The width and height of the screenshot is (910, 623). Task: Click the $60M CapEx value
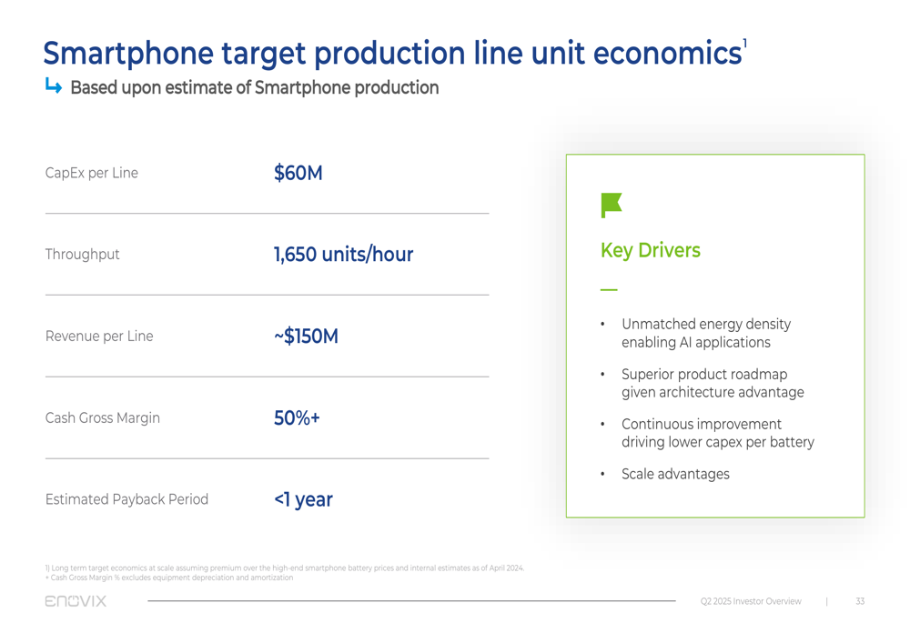tap(298, 173)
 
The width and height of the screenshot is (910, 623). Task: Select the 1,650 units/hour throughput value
tap(343, 255)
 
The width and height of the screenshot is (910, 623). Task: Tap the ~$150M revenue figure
tap(306, 337)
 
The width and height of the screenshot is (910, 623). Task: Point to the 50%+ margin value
tap(297, 418)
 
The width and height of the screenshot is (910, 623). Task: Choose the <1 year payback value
tap(303, 499)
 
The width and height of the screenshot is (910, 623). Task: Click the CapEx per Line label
tap(91, 173)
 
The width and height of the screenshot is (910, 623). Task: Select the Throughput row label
tap(82, 255)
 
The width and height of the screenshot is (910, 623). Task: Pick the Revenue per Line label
tap(98, 337)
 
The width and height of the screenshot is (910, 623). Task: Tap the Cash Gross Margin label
tap(102, 418)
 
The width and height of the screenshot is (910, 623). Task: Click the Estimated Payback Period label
tap(126, 499)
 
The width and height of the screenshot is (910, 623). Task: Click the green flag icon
tap(611, 205)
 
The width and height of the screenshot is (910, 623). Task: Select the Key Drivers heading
tap(650, 250)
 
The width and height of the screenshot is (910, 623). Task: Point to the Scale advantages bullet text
tap(674, 474)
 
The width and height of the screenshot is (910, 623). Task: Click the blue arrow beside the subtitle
tap(54, 86)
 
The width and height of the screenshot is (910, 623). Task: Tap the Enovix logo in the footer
tap(76, 601)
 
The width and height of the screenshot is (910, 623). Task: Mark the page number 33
tap(860, 601)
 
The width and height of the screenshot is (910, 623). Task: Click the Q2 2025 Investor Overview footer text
tap(751, 601)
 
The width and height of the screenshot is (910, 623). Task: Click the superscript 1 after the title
tap(744, 44)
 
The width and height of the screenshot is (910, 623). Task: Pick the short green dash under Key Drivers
tap(609, 289)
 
